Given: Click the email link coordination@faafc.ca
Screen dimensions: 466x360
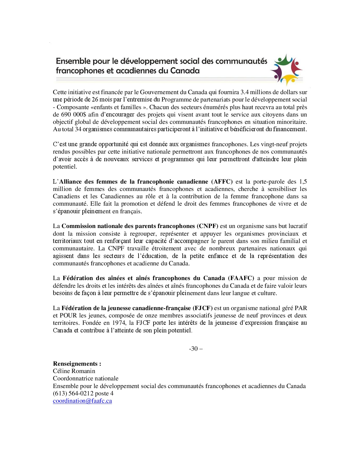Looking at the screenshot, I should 82,401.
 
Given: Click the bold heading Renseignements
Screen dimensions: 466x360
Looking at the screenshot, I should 77,364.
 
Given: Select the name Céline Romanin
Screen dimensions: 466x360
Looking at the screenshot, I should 74,371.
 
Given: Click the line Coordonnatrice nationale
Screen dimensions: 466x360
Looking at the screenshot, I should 86,379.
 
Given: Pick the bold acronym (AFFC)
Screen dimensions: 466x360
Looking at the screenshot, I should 222,182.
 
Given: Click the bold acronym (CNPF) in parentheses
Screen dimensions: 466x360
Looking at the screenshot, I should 208,226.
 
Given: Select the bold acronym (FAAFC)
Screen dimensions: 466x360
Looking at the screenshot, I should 241,278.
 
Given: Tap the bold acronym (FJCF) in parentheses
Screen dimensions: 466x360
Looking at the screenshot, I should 203,308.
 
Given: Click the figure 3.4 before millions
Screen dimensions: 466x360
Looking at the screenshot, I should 245,92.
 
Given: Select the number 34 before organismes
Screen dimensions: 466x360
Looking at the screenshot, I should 78,129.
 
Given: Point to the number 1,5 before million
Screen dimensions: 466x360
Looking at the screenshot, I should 303,182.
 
